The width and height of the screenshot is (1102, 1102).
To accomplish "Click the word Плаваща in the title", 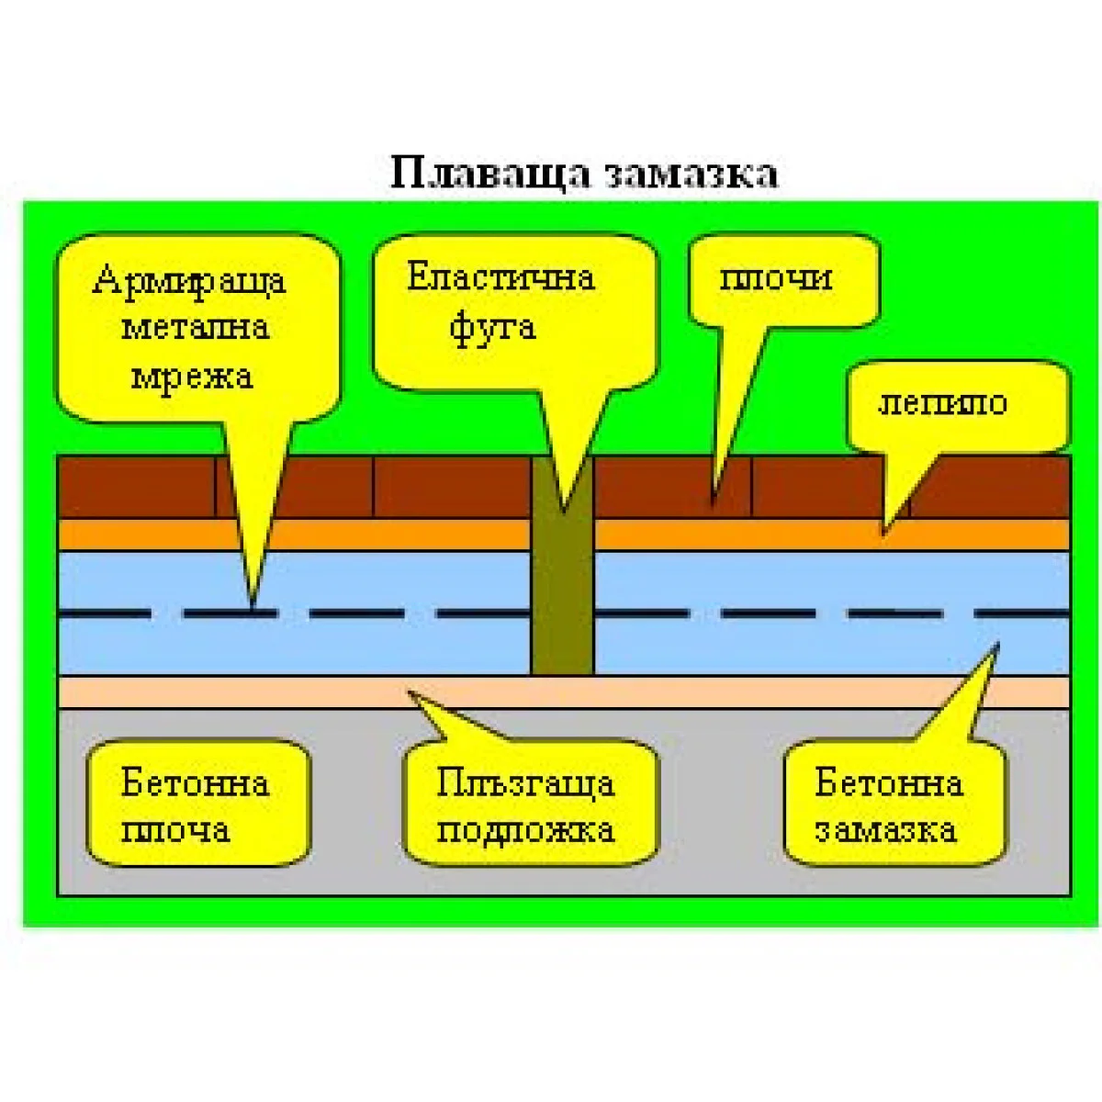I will (x=489, y=174).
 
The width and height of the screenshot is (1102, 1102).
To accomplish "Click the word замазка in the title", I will (x=693, y=174).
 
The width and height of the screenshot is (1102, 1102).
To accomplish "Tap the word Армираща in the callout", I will (x=189, y=280).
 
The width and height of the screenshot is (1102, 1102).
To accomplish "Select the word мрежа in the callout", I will (x=191, y=376).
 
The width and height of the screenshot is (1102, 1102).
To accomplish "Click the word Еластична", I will (x=500, y=276).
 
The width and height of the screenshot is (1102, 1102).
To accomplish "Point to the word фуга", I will (x=492, y=327).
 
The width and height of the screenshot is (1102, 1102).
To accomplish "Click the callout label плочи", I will (x=775, y=277).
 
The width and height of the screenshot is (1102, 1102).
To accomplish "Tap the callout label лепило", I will (x=942, y=402).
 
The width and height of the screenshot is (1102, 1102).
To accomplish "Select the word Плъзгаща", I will (x=525, y=783).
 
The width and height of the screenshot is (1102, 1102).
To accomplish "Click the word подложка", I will (x=525, y=830).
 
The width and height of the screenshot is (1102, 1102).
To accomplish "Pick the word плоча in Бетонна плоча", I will (x=175, y=830).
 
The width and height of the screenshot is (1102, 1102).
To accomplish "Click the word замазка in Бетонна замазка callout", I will (x=885, y=830).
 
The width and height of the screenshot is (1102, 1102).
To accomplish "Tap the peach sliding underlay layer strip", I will (x=275, y=692).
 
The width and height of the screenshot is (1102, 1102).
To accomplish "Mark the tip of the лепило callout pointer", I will (x=884, y=532).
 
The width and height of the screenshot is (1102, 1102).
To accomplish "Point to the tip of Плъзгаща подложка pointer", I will (x=410, y=692).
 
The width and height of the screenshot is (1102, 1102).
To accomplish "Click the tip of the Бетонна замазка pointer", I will (x=995, y=647).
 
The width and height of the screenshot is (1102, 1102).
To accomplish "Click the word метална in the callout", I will (x=195, y=328).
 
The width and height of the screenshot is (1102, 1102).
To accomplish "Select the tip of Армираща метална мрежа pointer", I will (x=252, y=609).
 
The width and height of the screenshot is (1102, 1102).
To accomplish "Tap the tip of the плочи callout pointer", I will (x=714, y=500).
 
